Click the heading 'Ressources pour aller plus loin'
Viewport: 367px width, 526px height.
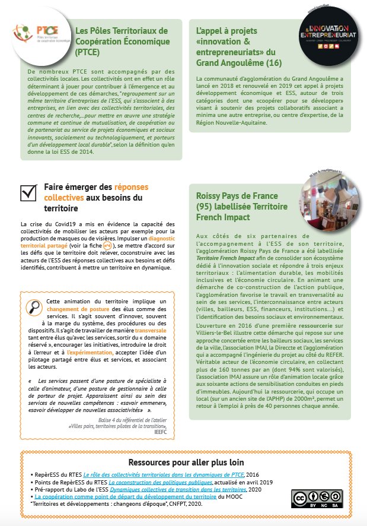[x=183, y=462]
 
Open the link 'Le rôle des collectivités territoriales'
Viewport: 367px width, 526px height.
[x=163, y=475]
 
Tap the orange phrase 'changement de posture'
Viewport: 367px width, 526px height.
[x=78, y=309]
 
